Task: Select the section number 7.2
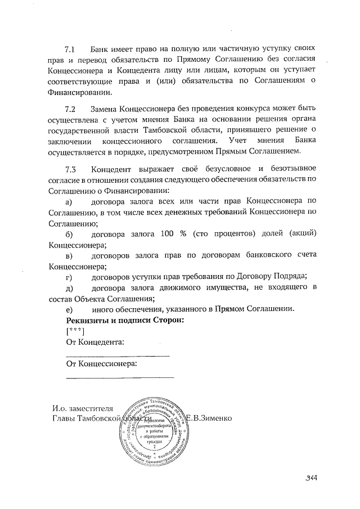71,108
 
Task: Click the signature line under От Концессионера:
120,377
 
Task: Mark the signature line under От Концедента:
117,355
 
